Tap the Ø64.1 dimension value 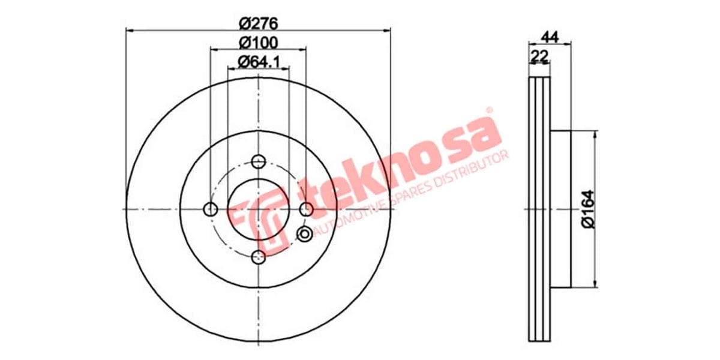tap(259, 61)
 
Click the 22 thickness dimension tap(539, 56)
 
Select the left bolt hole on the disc tap(211, 209)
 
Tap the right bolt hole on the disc tap(307, 209)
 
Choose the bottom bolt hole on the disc tap(259, 257)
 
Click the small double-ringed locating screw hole tap(305, 233)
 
